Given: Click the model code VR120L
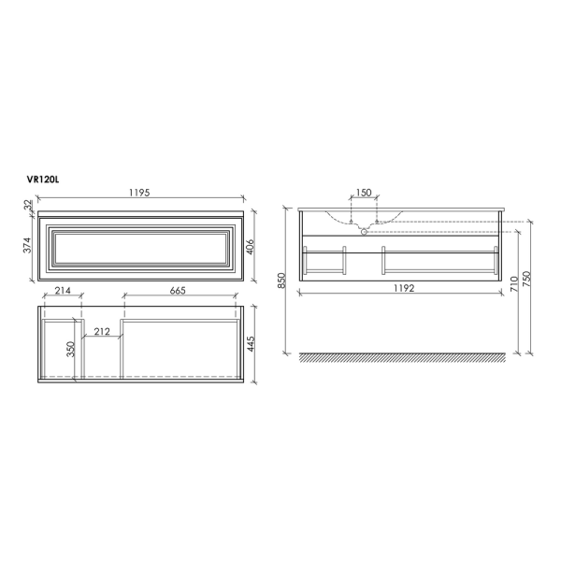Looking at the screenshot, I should tap(47, 179).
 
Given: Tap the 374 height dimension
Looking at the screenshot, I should tap(28, 246).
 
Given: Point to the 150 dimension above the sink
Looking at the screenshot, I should tap(363, 194).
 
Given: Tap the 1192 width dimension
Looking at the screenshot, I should tap(403, 289).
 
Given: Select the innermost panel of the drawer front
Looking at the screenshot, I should tap(140, 247).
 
